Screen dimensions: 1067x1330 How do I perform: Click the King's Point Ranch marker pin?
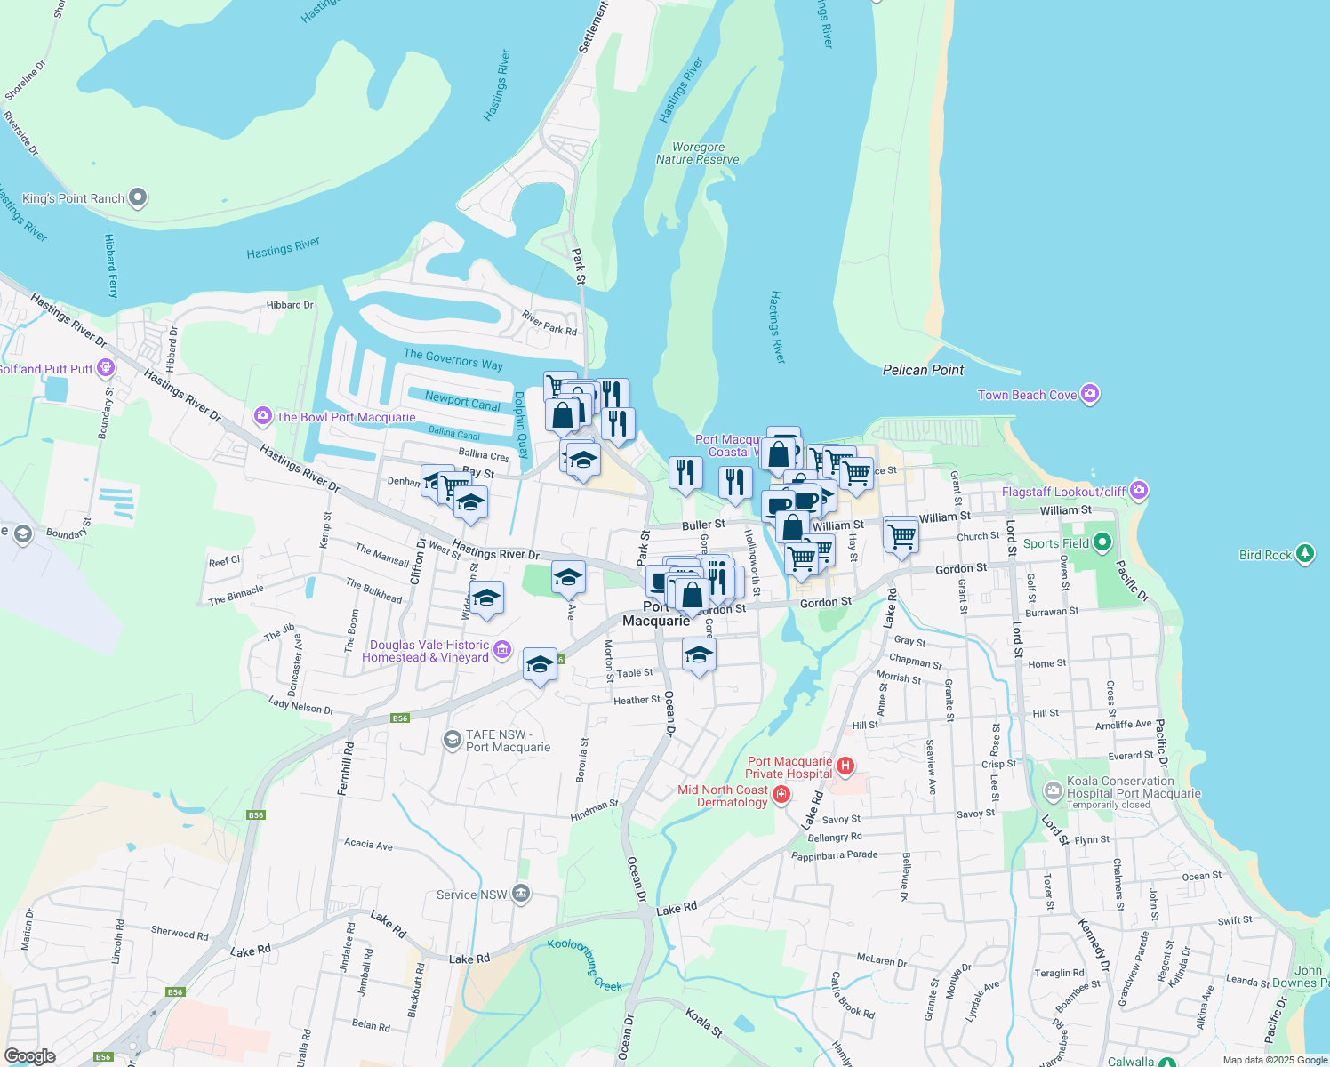pos(138,197)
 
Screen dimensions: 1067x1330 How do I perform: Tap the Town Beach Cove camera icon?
pos(1091,394)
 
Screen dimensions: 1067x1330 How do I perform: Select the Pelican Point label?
pos(923,370)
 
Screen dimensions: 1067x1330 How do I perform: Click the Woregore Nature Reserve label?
pos(698,154)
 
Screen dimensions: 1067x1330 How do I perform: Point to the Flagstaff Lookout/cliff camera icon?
pos(1139,491)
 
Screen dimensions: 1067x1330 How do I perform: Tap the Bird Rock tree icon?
pos(1305,554)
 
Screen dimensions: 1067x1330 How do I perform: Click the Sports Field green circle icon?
pos(1102,542)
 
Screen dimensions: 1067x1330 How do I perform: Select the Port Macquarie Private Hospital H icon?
pos(845,766)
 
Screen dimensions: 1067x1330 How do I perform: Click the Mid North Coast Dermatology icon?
pos(781,795)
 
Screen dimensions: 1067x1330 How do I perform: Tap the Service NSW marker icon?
pos(521,894)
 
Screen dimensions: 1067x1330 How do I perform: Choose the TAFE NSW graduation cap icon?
pos(453,739)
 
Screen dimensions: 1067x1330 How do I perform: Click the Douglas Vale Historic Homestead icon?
pos(502,650)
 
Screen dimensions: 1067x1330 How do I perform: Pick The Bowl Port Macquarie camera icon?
pos(262,416)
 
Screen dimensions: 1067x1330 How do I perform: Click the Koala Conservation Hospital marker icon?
pos(1054,790)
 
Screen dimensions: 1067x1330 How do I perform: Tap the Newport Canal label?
pos(462,401)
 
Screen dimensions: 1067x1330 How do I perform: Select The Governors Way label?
pos(453,359)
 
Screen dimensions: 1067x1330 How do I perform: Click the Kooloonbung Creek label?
pos(585,966)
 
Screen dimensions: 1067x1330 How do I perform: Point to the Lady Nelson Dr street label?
pos(301,705)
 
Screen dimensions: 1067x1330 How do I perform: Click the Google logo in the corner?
pos(29,1055)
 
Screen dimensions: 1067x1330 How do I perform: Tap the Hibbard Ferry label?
pos(111,266)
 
